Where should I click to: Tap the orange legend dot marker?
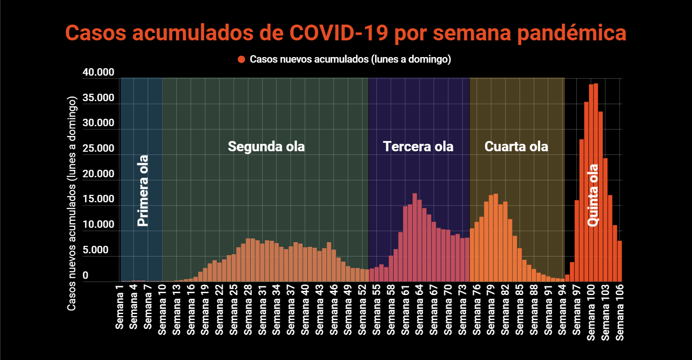(x=241, y=59)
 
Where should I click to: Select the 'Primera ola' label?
(x=143, y=190)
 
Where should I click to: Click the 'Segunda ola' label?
(x=266, y=147)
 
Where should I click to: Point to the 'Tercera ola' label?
(x=418, y=147)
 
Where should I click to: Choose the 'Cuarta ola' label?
(x=516, y=147)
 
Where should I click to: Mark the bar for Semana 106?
(x=619, y=261)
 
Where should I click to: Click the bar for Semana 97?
(x=576, y=241)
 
